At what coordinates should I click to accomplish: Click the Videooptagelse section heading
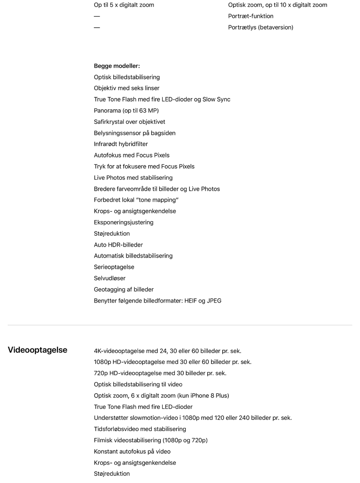[38, 350]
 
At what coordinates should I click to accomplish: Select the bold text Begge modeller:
[117, 66]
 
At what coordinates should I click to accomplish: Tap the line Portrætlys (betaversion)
[260, 27]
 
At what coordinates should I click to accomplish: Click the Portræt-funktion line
[251, 16]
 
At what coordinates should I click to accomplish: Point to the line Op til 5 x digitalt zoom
[124, 5]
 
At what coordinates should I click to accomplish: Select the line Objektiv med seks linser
[127, 88]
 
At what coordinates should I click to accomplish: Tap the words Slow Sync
[216, 99]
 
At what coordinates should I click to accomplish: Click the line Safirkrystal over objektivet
[129, 122]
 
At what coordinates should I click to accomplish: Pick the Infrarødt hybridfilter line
[121, 144]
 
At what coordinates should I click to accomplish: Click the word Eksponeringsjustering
[124, 222]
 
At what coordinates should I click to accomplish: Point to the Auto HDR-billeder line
[118, 245]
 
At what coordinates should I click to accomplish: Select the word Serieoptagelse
[114, 267]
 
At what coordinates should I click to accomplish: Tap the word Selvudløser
[110, 278]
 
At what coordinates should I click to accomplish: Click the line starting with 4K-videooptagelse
[167, 351]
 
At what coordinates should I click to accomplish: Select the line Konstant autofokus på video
[132, 452]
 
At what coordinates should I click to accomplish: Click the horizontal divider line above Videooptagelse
[180, 325]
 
